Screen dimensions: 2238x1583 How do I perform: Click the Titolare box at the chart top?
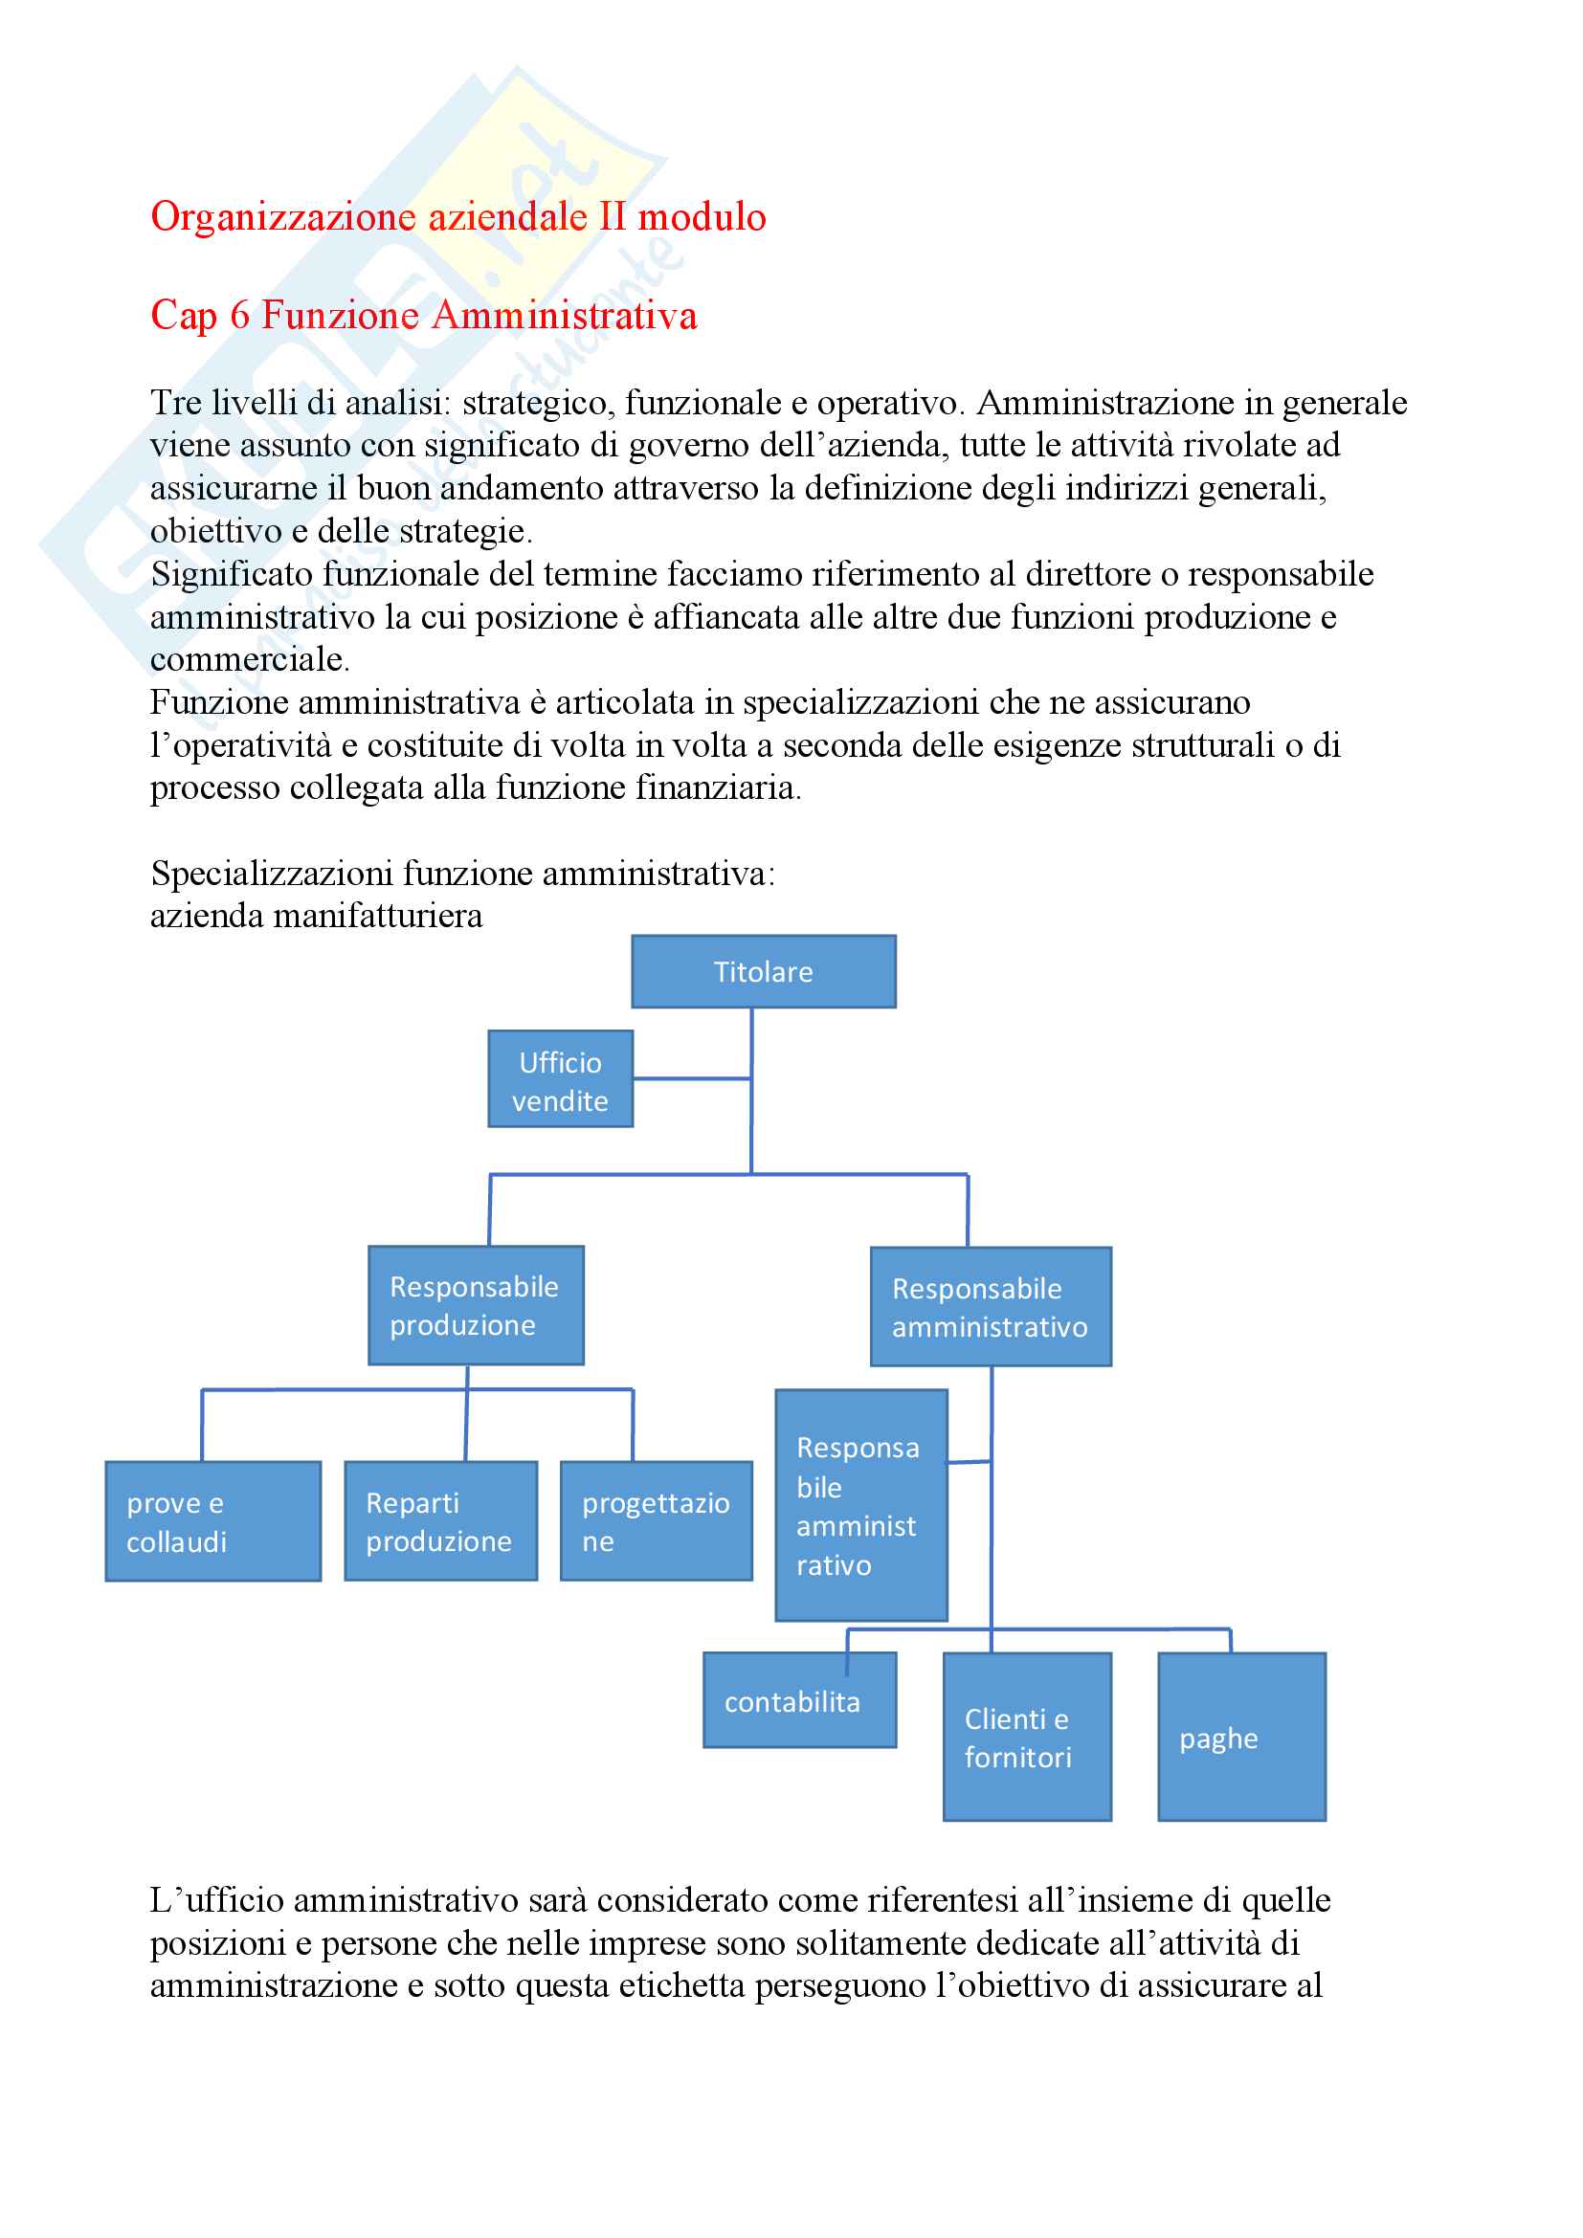(x=763, y=972)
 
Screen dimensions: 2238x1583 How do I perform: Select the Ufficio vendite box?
(x=561, y=1079)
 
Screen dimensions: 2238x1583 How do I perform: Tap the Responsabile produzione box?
(x=476, y=1305)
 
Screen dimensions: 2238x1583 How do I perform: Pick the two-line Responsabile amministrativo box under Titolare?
(x=991, y=1307)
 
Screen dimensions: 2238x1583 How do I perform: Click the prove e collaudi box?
(x=212, y=1521)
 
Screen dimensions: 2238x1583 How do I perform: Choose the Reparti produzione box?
(x=440, y=1521)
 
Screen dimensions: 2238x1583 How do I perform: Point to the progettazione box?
(x=656, y=1521)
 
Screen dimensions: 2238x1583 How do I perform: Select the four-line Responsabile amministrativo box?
(x=860, y=1506)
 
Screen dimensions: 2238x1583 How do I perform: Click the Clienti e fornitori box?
(x=1026, y=1737)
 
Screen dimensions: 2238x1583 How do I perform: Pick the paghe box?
(x=1241, y=1737)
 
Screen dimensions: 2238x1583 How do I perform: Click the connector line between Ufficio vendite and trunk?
(x=692, y=1078)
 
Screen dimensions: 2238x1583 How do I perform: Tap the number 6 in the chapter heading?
(x=240, y=316)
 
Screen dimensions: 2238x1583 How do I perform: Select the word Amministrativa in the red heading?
(x=565, y=316)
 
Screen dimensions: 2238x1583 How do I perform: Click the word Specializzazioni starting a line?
(x=272, y=874)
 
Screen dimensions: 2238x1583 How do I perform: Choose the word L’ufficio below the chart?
(x=216, y=1900)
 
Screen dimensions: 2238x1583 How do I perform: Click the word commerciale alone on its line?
(x=249, y=660)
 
